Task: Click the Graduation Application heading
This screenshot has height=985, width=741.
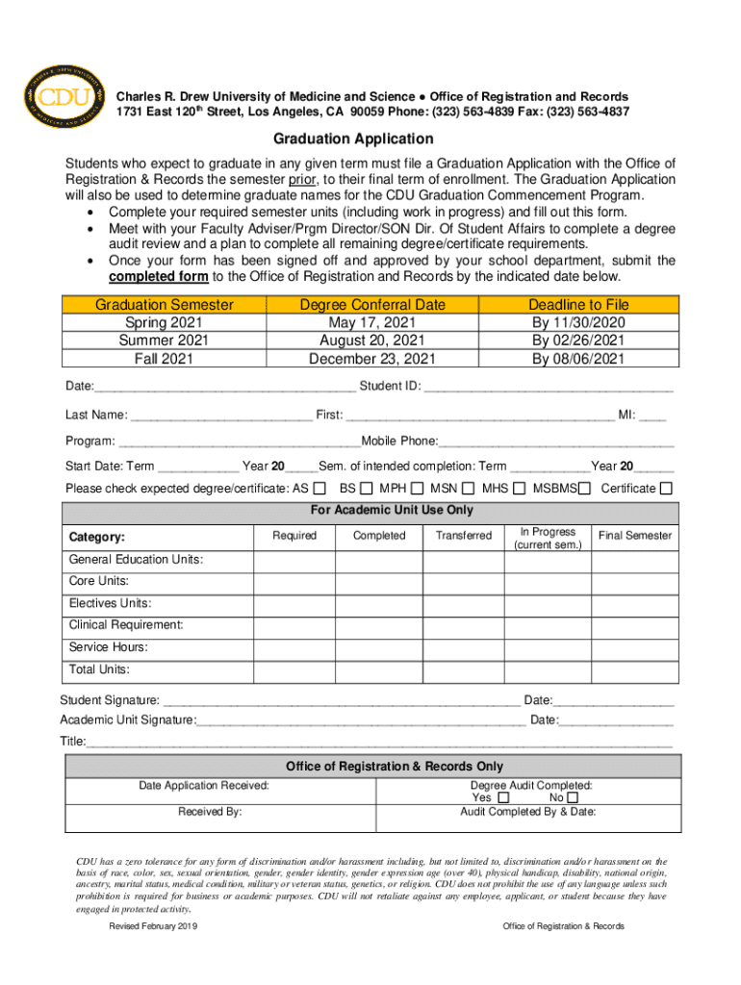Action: [353, 139]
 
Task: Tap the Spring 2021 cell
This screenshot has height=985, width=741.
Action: [164, 322]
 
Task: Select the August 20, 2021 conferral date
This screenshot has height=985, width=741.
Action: [372, 341]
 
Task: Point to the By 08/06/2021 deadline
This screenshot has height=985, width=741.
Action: [578, 359]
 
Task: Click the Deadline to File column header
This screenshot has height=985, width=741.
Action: [578, 304]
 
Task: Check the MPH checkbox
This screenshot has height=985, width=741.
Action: [417, 489]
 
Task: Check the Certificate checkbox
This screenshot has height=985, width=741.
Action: [666, 489]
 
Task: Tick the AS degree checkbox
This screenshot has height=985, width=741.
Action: [319, 489]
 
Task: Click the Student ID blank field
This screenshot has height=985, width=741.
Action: [548, 388]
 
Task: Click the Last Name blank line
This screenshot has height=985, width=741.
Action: [220, 416]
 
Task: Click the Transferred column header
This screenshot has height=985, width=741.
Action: [464, 536]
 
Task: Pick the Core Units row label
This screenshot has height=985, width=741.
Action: [99, 581]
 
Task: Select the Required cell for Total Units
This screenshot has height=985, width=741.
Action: [294, 669]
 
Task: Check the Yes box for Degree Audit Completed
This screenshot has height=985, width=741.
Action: [504, 798]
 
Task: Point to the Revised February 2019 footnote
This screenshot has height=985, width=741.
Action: [153, 926]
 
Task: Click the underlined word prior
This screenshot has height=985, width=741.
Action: [301, 180]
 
